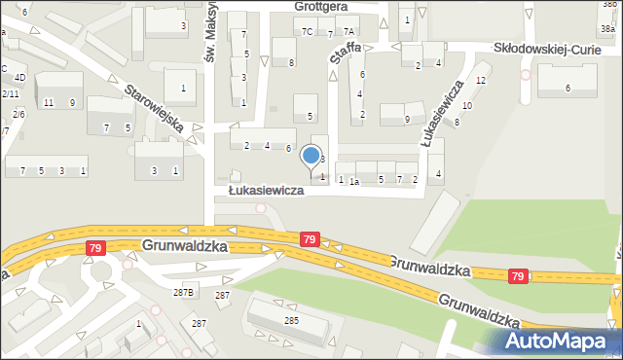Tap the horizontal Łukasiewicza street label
(x=266, y=191)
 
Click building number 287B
(x=184, y=292)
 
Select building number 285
(x=290, y=319)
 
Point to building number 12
(x=481, y=80)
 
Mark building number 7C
(x=308, y=32)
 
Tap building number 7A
(x=348, y=32)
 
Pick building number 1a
(x=355, y=181)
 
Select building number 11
(x=49, y=103)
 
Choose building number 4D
(x=19, y=77)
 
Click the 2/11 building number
(x=10, y=93)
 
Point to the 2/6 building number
(x=18, y=114)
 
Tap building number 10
(x=467, y=105)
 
